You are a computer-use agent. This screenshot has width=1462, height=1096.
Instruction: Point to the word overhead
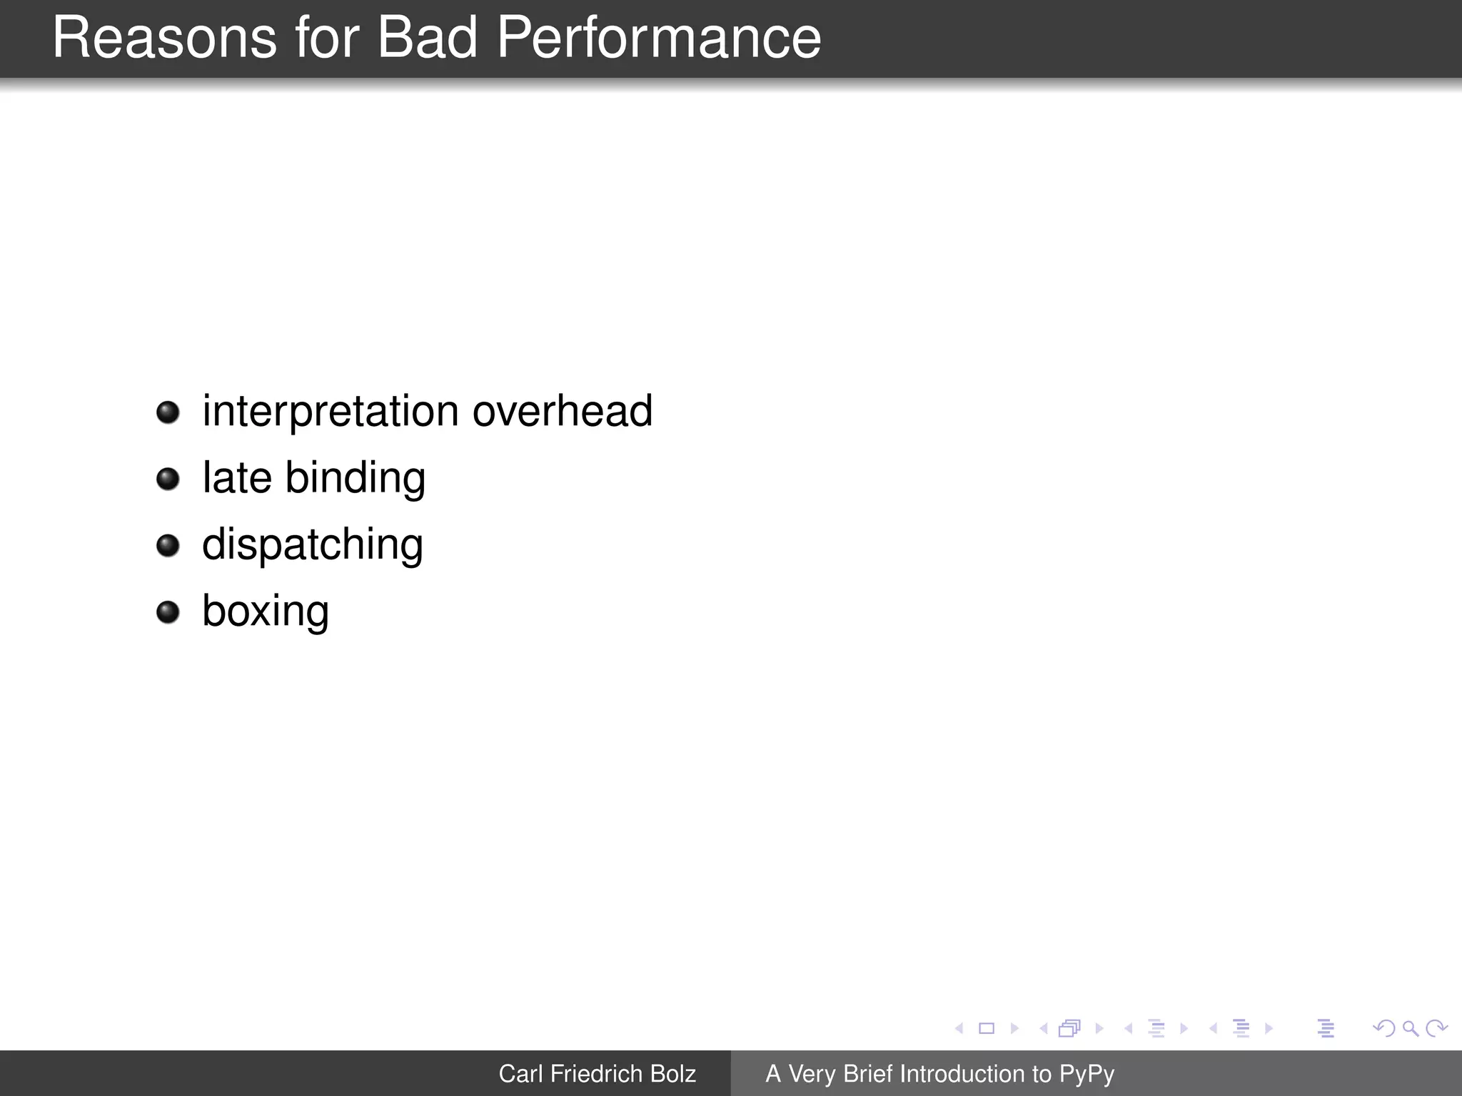point(563,412)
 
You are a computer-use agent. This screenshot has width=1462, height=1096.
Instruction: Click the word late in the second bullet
point(237,478)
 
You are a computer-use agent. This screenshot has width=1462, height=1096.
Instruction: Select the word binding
point(355,478)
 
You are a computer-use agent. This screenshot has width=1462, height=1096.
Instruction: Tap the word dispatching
point(312,545)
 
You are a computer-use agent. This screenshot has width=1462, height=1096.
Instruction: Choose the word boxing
point(265,612)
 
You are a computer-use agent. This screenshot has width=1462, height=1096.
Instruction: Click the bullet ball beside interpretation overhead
point(168,412)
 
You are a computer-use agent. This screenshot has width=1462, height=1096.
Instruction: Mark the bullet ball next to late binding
point(168,479)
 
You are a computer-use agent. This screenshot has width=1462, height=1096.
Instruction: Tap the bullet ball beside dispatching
point(168,546)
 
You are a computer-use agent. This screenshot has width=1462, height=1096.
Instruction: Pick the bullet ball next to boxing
point(168,612)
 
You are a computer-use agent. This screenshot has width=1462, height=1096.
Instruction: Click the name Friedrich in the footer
point(595,1074)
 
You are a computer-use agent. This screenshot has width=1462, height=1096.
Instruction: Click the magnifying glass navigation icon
point(1410,1028)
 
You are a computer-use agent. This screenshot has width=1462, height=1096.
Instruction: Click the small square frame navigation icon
point(987,1028)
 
